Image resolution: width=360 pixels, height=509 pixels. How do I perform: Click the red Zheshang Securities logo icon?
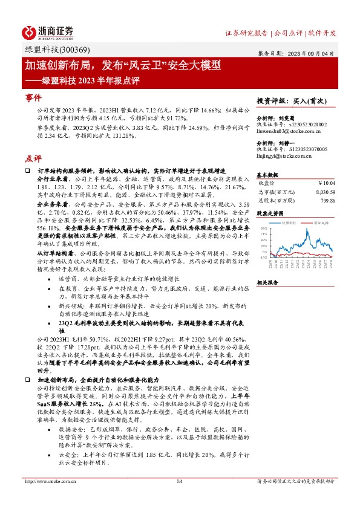[x=29, y=32]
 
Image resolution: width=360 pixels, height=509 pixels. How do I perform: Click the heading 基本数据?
[x=267, y=173]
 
